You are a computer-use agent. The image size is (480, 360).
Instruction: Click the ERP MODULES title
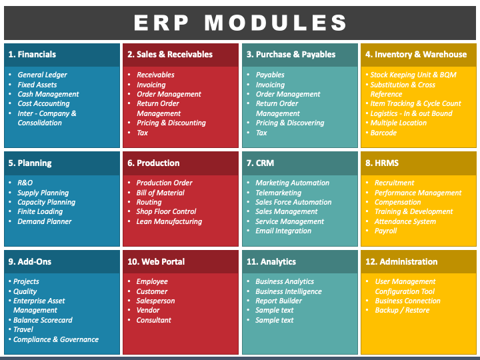coord(240,23)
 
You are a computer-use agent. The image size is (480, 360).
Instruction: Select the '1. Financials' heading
coord(32,55)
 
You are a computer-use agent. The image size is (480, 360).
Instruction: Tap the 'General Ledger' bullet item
coord(42,75)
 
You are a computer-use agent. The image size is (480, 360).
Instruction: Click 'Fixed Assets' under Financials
coord(37,85)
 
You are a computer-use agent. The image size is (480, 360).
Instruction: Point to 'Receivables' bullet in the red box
coord(155,75)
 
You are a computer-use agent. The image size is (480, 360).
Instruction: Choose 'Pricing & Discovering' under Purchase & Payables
coord(290,123)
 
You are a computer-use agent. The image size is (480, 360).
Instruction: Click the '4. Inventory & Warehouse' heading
coord(416,55)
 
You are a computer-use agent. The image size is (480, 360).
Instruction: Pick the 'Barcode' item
coord(383,133)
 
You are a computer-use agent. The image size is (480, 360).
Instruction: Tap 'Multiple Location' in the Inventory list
coord(398,123)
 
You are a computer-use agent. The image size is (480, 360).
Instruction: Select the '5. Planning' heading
coord(30,163)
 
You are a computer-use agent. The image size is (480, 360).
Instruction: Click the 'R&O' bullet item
coord(25,183)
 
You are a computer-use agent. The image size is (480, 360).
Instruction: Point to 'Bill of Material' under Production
coord(161,193)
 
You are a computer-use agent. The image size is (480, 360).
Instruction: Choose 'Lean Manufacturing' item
coord(169,221)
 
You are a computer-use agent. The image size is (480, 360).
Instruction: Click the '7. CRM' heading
coord(260,163)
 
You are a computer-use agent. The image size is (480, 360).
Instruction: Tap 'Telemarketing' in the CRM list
coord(278,193)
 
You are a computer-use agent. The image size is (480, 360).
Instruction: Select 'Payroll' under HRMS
coord(385,231)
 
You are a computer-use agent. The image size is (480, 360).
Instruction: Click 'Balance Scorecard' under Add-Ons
coord(43,320)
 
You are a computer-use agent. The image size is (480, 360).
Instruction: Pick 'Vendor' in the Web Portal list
coord(148,310)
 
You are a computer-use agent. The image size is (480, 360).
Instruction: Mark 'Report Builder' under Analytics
coord(279,301)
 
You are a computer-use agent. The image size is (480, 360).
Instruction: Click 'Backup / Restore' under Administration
coord(402,310)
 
